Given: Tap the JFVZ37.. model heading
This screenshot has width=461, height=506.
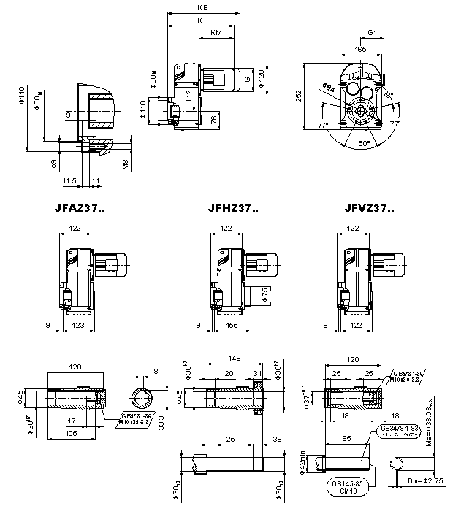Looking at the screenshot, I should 368,209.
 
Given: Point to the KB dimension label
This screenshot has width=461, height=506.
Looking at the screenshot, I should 202,8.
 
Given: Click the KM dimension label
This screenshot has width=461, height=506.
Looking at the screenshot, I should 216,33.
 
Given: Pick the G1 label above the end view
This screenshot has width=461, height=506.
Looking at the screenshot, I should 372,34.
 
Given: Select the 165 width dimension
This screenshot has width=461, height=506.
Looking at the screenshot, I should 360,49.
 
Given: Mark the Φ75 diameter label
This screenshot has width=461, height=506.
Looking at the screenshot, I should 264,294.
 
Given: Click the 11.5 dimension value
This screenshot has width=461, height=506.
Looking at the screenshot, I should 70,179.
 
